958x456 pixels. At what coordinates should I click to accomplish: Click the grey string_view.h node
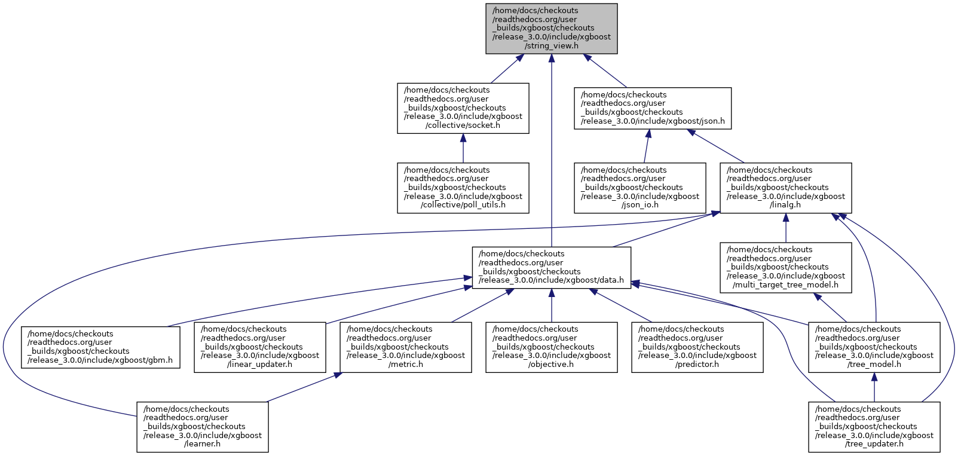point(551,29)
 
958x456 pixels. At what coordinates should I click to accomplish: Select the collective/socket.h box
point(463,108)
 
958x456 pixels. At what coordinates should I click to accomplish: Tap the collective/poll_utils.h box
point(463,188)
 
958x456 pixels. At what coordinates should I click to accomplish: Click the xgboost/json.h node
point(653,108)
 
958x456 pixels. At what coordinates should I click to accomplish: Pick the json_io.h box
point(640,188)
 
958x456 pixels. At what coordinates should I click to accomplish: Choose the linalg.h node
point(786,188)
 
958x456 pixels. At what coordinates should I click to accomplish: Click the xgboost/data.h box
point(551,268)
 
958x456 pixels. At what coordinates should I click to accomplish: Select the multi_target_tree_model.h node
point(786,268)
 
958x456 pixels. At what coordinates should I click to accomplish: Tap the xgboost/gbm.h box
point(100,347)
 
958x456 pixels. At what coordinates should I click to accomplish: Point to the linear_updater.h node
point(260,347)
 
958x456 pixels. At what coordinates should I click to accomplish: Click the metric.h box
point(406,347)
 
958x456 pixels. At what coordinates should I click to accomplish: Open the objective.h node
point(551,347)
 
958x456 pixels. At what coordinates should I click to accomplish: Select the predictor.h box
point(697,347)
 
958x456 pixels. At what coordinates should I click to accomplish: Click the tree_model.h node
point(874,347)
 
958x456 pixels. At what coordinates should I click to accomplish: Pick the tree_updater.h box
point(874,427)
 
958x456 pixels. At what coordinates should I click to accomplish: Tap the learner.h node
point(203,427)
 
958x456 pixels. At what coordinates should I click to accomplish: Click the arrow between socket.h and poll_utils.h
point(463,148)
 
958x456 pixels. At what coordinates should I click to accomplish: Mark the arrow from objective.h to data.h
point(551,305)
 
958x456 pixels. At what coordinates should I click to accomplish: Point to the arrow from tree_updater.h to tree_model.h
point(874,387)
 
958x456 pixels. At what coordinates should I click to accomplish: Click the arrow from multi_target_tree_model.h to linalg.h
point(786,228)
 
